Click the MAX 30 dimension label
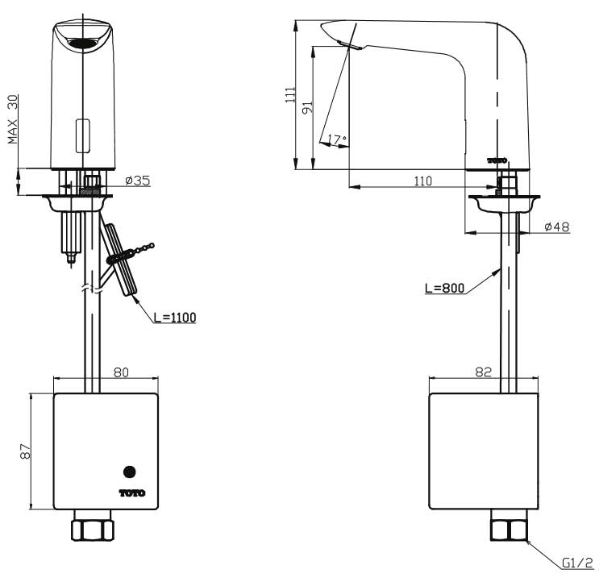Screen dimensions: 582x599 [13, 119]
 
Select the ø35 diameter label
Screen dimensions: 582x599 [139, 181]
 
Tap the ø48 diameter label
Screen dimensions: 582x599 [557, 227]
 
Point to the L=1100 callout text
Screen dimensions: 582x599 [174, 317]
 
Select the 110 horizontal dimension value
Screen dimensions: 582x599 [422, 181]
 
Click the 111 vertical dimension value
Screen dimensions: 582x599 [289, 95]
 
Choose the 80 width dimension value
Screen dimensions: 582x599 [120, 372]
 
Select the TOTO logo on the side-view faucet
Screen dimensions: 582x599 [497, 160]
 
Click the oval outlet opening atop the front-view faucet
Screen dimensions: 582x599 [81, 44]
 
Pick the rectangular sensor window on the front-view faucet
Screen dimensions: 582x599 [82, 135]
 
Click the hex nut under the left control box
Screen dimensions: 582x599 [93, 529]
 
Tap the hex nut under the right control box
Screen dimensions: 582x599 [509, 530]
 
